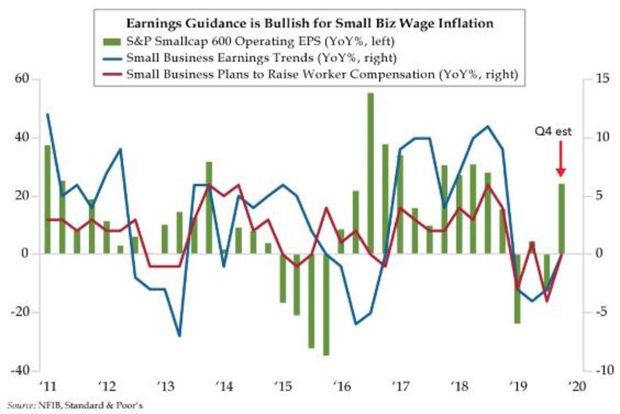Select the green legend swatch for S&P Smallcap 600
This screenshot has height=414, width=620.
(x=123, y=40)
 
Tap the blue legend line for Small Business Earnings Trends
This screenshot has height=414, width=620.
(x=123, y=57)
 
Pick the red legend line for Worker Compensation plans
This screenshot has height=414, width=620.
(x=123, y=74)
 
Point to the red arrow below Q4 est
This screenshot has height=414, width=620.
(x=561, y=160)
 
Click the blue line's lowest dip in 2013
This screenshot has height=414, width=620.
(x=179, y=336)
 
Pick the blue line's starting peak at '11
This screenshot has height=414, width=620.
(x=48, y=114)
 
